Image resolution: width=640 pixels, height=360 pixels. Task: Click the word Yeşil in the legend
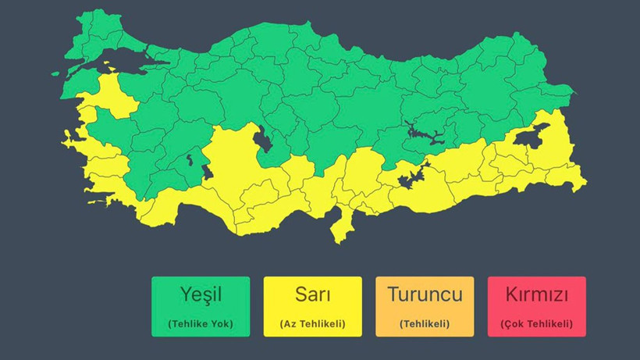pos(201,295)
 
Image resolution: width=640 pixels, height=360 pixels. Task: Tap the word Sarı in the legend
pos(312,295)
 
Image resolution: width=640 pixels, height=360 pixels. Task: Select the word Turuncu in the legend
pos(425,295)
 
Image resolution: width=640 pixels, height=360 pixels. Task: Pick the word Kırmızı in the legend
pos(536,295)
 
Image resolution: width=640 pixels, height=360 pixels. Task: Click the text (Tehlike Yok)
pos(201,323)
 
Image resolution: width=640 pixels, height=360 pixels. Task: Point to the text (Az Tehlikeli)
pos(312,323)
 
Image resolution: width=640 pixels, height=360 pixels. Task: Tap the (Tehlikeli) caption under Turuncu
pos(425,323)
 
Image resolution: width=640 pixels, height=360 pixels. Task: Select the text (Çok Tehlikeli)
pos(536,323)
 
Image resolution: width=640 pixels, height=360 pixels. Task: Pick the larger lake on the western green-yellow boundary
pos(207,171)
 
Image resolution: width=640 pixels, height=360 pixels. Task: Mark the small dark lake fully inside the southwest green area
pos(190,162)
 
